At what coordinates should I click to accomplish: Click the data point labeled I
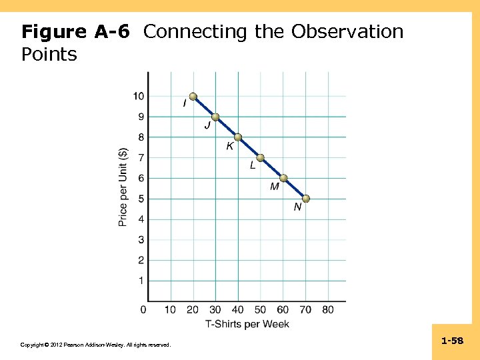click(193, 97)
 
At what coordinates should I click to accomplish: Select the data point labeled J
click(215, 117)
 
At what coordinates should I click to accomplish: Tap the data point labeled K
click(238, 137)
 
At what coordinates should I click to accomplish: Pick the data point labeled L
click(261, 158)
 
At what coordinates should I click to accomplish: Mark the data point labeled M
click(283, 178)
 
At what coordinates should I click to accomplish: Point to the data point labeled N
click(306, 199)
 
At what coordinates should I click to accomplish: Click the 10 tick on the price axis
click(138, 97)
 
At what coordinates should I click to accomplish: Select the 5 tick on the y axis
click(141, 199)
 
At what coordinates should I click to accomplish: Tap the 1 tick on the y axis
click(141, 281)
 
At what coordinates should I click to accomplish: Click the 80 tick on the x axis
click(328, 310)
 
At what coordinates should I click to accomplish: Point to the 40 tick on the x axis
click(238, 310)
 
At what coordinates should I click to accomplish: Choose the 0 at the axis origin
click(144, 310)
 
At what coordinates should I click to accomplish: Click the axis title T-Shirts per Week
click(247, 324)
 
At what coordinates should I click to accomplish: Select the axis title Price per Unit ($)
click(123, 187)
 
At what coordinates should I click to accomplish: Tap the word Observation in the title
click(347, 32)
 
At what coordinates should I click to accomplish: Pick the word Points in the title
click(49, 55)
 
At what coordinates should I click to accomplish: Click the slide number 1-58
click(452, 341)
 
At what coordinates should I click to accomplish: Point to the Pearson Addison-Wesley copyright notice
click(95, 345)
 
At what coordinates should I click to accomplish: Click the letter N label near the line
click(297, 207)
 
